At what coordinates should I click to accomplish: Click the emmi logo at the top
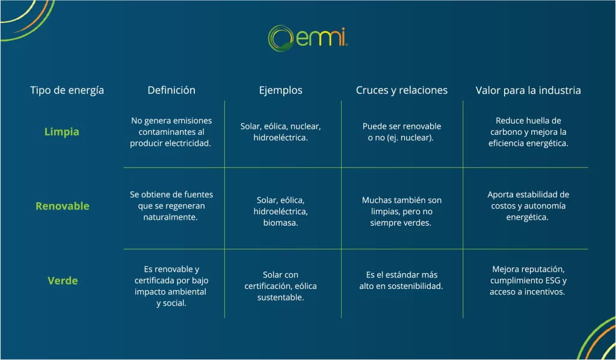pos(307,38)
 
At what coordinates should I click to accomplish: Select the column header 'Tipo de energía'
pos(67,90)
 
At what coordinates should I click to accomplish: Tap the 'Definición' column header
pos(171,90)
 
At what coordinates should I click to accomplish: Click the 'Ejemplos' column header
pos(280,90)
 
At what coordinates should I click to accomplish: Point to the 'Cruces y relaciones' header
pos(402,90)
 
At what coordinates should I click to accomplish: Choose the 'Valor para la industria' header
pos(528,90)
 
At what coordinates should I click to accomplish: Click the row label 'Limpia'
pos(62,132)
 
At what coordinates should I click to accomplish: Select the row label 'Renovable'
pos(62,206)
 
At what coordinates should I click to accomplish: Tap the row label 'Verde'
pos(63,281)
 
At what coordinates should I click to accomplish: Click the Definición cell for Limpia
pos(171,132)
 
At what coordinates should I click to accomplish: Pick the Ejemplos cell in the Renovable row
pos(280,211)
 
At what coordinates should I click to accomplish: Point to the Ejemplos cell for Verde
pos(280,286)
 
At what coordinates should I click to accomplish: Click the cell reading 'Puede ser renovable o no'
pos(402,132)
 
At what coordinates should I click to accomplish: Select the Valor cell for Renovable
pos(528,206)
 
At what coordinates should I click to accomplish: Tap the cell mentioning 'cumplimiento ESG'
pos(528,281)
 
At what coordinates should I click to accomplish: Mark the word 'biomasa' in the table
pos(280,223)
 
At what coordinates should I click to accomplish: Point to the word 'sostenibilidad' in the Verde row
pos(414,286)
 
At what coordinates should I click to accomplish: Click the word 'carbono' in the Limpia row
pos(505,132)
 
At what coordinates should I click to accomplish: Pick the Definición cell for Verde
pos(171,286)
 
